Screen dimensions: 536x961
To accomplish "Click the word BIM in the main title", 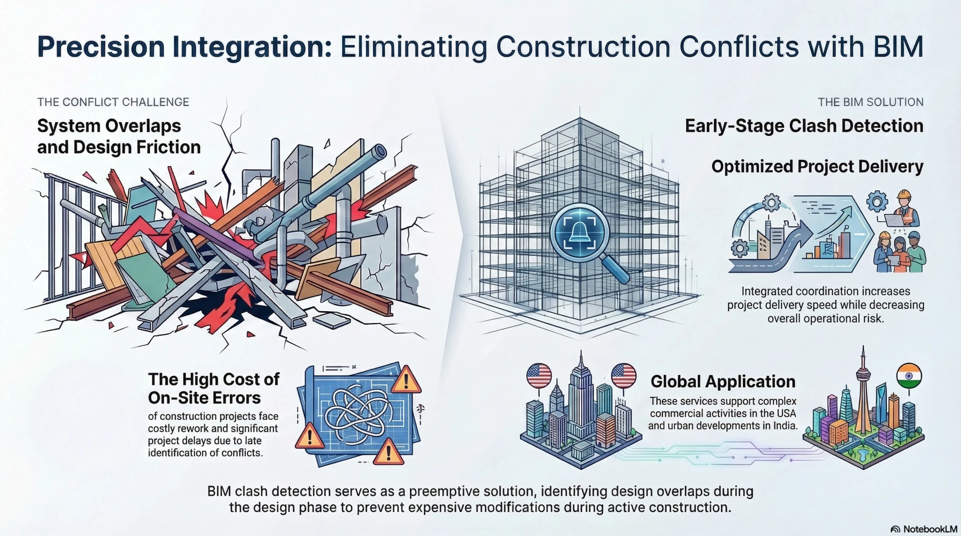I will [x=898, y=47].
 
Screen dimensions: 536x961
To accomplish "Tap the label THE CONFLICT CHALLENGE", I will [x=113, y=102].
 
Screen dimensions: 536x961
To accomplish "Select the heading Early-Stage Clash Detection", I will [x=804, y=126].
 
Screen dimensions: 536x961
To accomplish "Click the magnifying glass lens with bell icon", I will [x=579, y=234].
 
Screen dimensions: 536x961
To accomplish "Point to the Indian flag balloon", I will [x=908, y=376].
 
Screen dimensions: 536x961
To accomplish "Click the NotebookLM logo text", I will [x=929, y=529].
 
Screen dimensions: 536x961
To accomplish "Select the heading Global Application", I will [x=722, y=381].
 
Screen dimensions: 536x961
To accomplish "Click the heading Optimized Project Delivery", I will [x=817, y=166].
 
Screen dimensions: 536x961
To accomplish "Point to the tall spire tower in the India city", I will [x=862, y=390].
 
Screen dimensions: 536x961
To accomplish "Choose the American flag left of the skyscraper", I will [x=539, y=375].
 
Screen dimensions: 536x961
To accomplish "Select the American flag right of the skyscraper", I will [x=624, y=375].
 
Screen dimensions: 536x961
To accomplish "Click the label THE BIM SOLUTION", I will [x=870, y=102].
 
